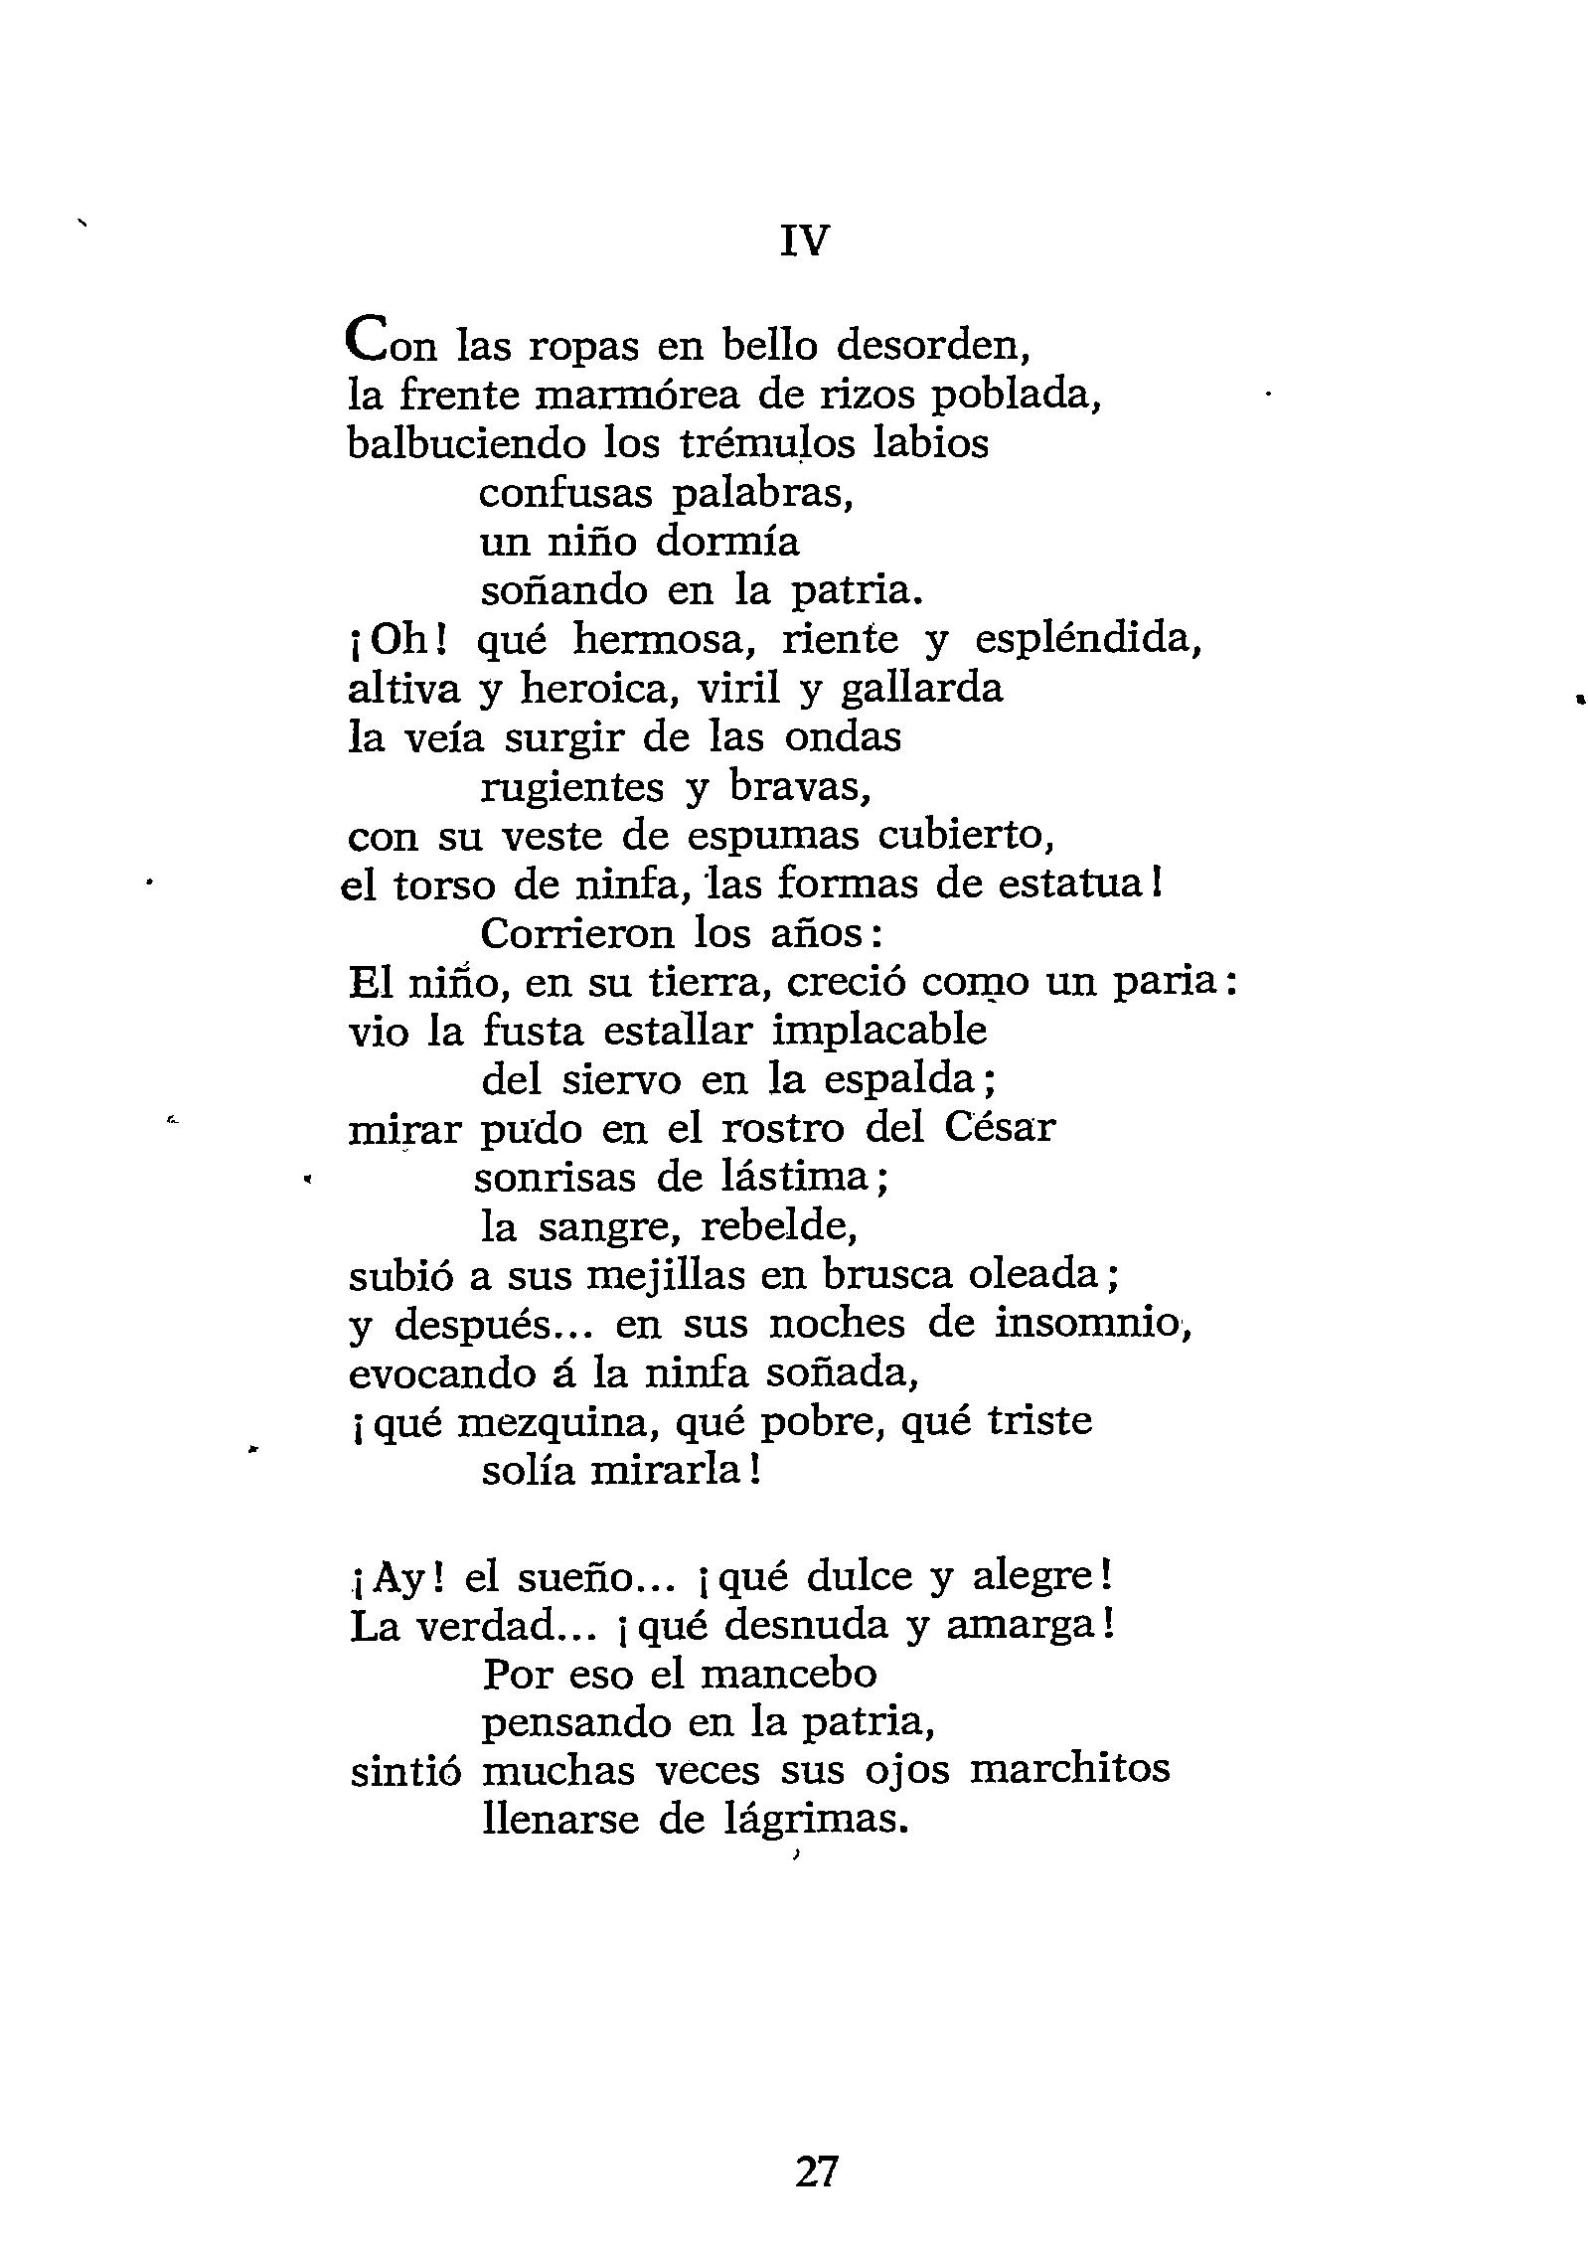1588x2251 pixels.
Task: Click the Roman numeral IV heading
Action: (x=804, y=241)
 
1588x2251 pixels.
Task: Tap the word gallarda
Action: (x=920, y=689)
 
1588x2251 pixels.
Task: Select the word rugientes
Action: (x=572, y=787)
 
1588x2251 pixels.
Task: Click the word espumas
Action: (x=773, y=837)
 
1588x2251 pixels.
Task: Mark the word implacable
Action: (x=878, y=1032)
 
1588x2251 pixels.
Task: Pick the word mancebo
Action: (x=788, y=1675)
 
